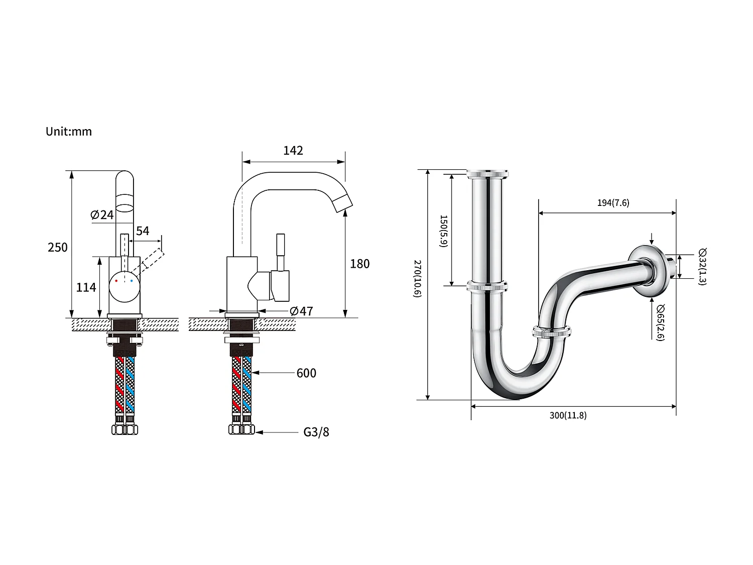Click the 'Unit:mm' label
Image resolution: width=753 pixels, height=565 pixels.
(69, 132)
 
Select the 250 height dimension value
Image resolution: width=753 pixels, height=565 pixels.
(58, 247)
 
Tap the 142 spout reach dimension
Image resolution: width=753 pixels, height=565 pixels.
(293, 151)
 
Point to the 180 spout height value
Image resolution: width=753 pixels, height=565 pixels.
(359, 264)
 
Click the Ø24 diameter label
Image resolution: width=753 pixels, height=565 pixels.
(102, 215)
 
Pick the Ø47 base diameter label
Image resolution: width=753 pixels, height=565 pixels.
(301, 311)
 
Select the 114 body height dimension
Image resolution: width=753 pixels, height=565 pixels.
(86, 287)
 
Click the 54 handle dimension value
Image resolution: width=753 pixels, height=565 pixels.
(143, 231)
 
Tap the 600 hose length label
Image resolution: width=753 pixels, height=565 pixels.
(306, 373)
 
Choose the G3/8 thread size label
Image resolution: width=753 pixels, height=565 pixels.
(316, 432)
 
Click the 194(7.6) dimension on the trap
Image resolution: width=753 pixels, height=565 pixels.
(613, 203)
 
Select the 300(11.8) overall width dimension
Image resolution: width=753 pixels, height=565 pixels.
(568, 415)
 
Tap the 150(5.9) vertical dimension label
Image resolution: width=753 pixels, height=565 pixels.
(443, 231)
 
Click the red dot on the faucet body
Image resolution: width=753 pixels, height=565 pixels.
(116, 281)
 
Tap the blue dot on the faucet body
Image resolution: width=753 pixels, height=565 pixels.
(132, 281)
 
